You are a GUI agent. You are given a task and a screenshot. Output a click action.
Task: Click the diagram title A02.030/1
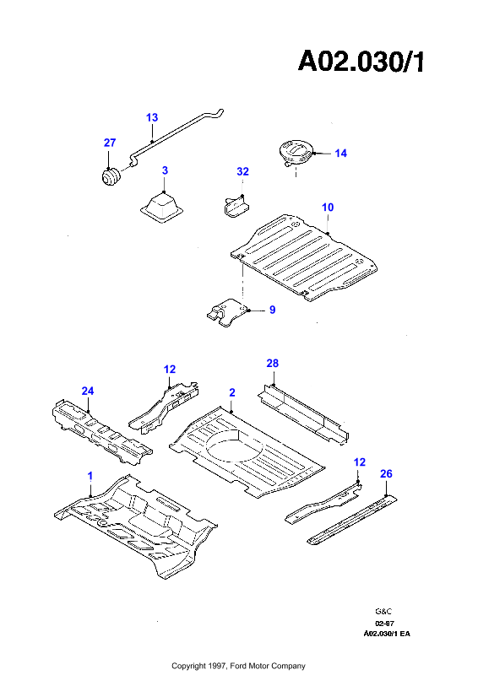[x=361, y=61]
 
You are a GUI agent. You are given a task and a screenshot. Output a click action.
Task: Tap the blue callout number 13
[x=152, y=117]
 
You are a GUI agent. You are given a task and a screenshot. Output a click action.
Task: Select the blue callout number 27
[x=110, y=143]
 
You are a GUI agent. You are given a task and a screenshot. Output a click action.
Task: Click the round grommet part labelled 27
[x=111, y=177]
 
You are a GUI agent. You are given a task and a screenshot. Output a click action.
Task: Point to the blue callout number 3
[x=165, y=170]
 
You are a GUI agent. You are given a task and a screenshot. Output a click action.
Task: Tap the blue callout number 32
[x=242, y=172]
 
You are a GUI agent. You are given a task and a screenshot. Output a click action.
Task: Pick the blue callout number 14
[x=340, y=154]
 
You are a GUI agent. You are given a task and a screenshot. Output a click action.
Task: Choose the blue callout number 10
[x=328, y=208]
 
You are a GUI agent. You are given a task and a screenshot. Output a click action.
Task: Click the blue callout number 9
[x=273, y=310]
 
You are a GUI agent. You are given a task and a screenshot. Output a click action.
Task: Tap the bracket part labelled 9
[x=228, y=312]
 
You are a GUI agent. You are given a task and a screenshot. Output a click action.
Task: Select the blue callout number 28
[x=273, y=364]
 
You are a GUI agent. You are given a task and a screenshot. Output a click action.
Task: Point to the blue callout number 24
[x=88, y=391]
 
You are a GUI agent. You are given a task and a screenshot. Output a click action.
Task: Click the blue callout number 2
[x=232, y=392]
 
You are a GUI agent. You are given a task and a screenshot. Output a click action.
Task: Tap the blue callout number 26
[x=386, y=474]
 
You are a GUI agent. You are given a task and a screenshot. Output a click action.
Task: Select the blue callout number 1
[x=90, y=476]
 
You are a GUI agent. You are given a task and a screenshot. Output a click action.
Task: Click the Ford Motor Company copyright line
[x=238, y=666]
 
